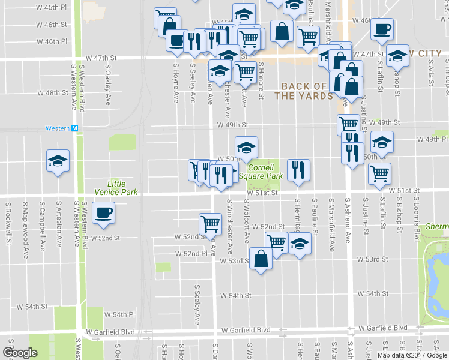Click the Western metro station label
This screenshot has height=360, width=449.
pos(63,128)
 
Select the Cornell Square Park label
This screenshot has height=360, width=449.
pos(261,172)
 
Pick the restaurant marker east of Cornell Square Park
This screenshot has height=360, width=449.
pos(298,170)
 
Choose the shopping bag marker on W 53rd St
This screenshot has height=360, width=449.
pos(261,259)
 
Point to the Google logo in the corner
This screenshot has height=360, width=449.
pos(20,353)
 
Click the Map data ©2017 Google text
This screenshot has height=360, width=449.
pos(412,355)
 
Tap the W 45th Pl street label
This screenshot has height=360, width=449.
pos(50,7)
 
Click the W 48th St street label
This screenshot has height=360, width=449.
pos(52,93)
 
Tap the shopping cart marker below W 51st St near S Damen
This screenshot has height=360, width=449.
pos(210,224)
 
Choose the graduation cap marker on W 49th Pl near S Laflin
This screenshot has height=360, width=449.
pos(381,142)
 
